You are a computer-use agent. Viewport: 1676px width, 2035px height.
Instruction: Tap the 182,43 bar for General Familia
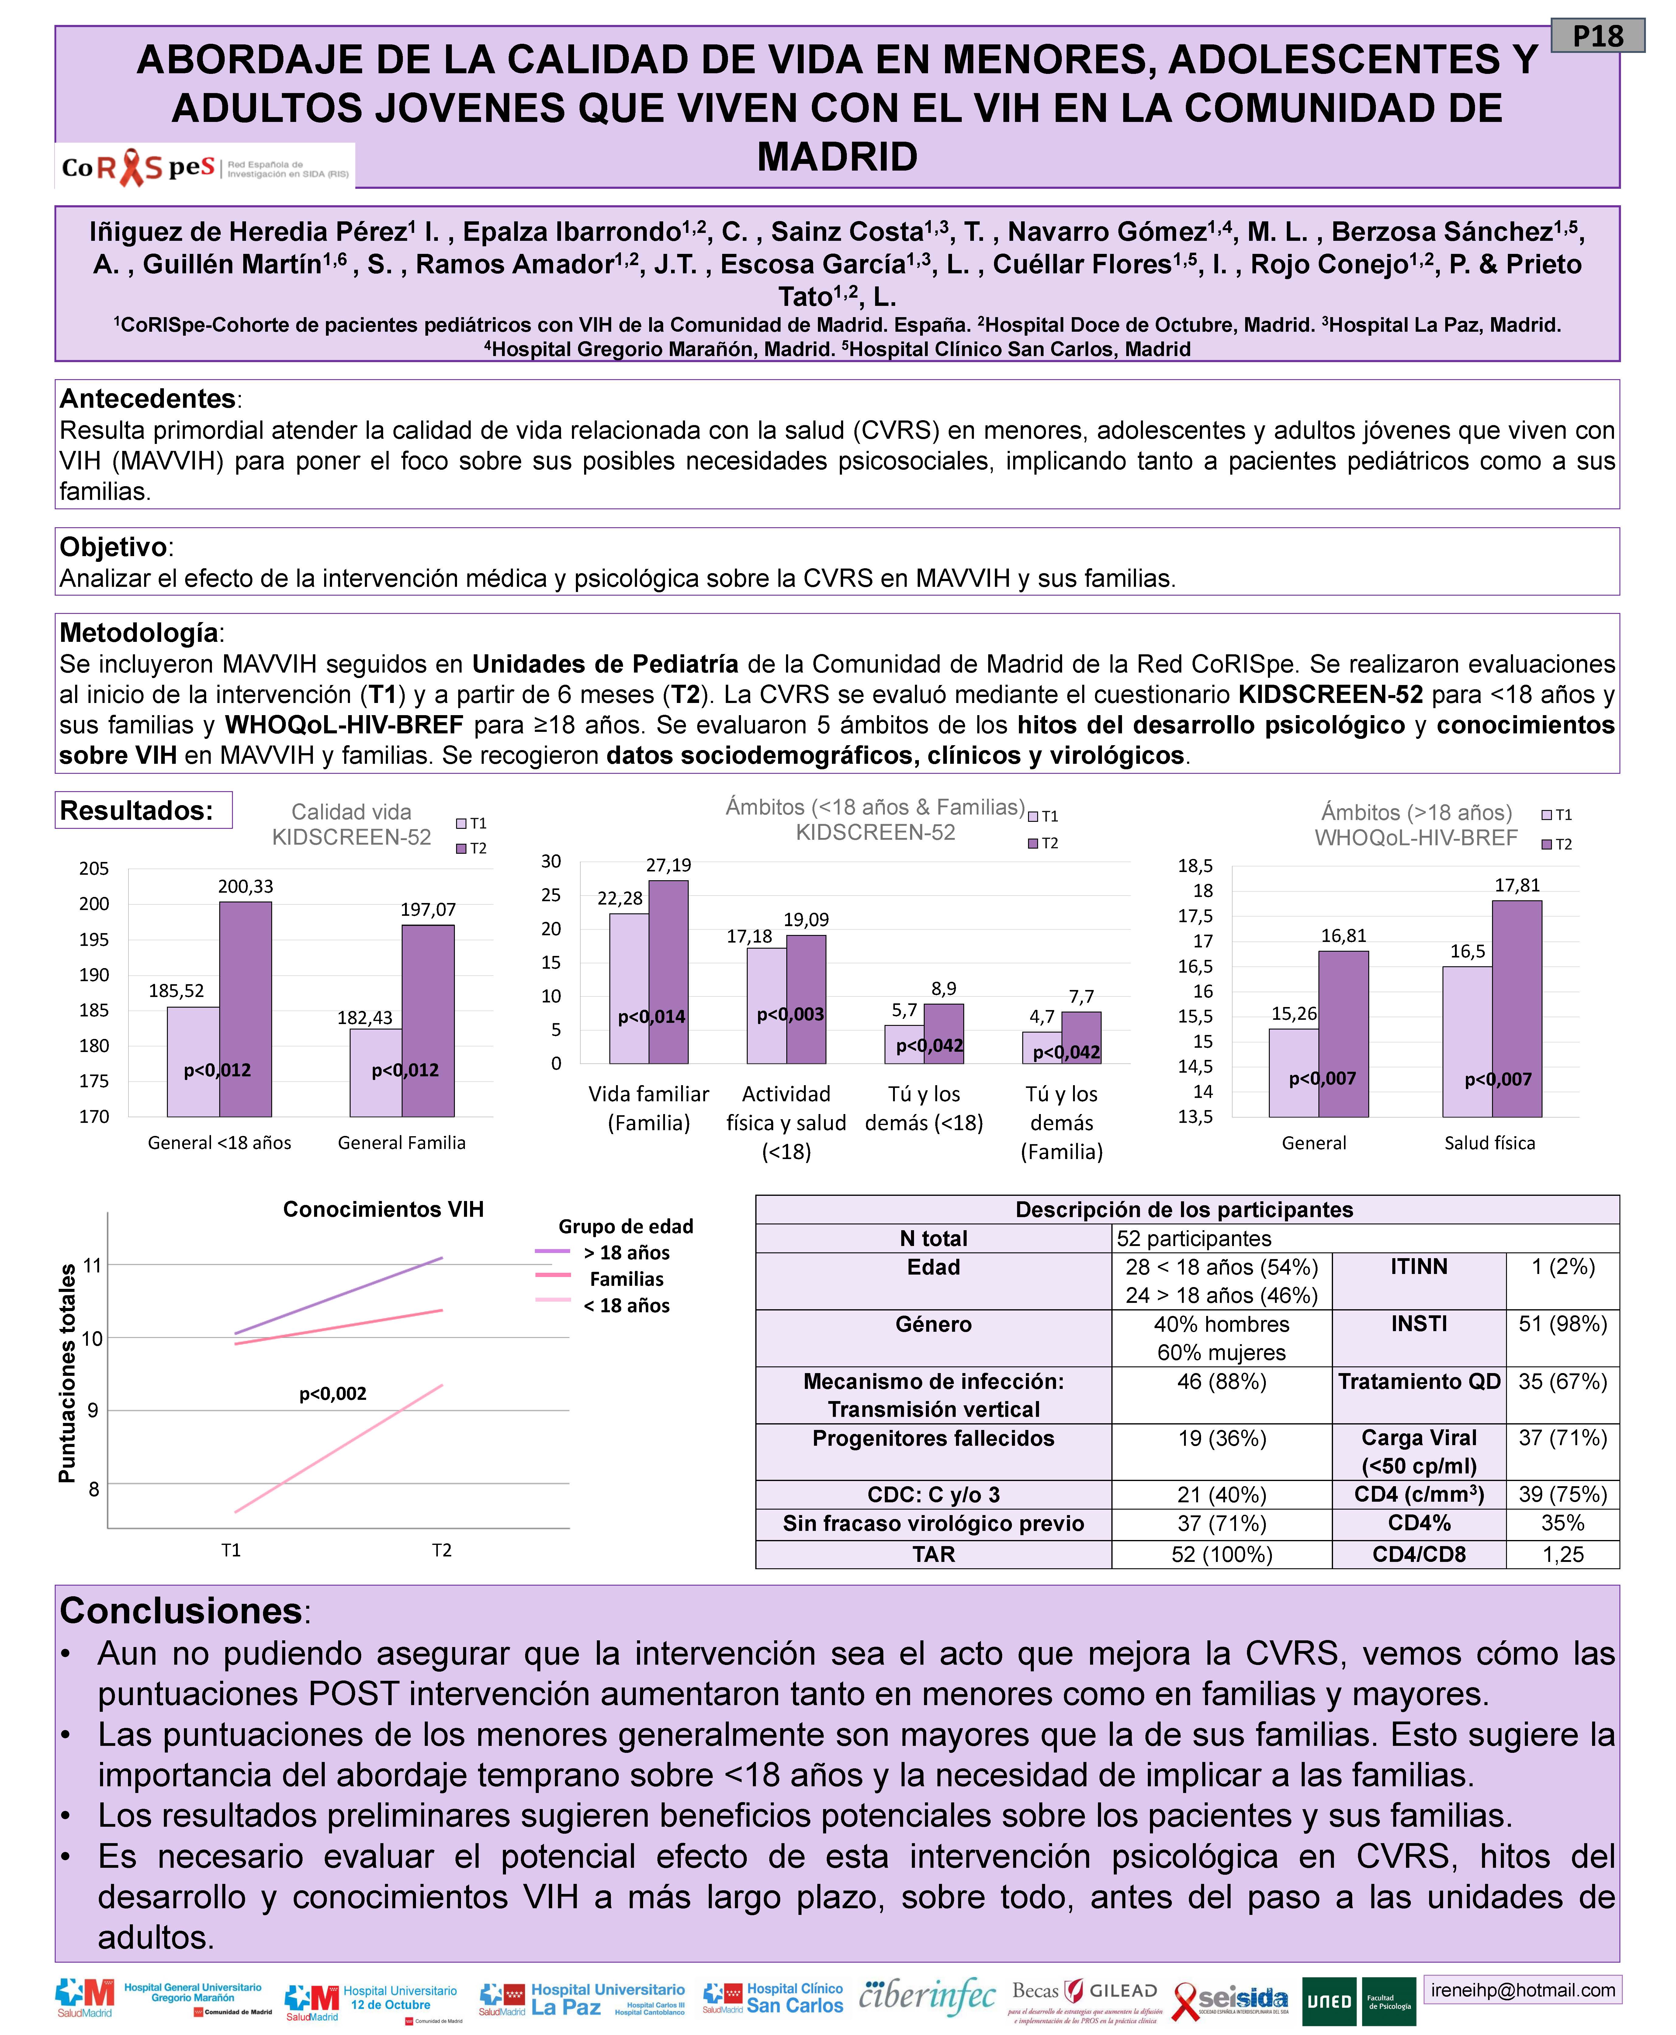coord(376,1071)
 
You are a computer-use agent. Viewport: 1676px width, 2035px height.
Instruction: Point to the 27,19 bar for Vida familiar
coord(668,970)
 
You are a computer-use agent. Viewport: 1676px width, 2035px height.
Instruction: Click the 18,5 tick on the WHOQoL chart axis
coord(1195,866)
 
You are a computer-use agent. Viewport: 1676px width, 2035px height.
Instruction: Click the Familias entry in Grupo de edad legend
coord(627,1279)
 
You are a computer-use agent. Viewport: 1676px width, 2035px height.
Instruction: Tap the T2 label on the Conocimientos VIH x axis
coord(441,1550)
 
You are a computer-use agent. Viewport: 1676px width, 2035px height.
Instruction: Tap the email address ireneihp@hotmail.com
coord(1522,1990)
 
